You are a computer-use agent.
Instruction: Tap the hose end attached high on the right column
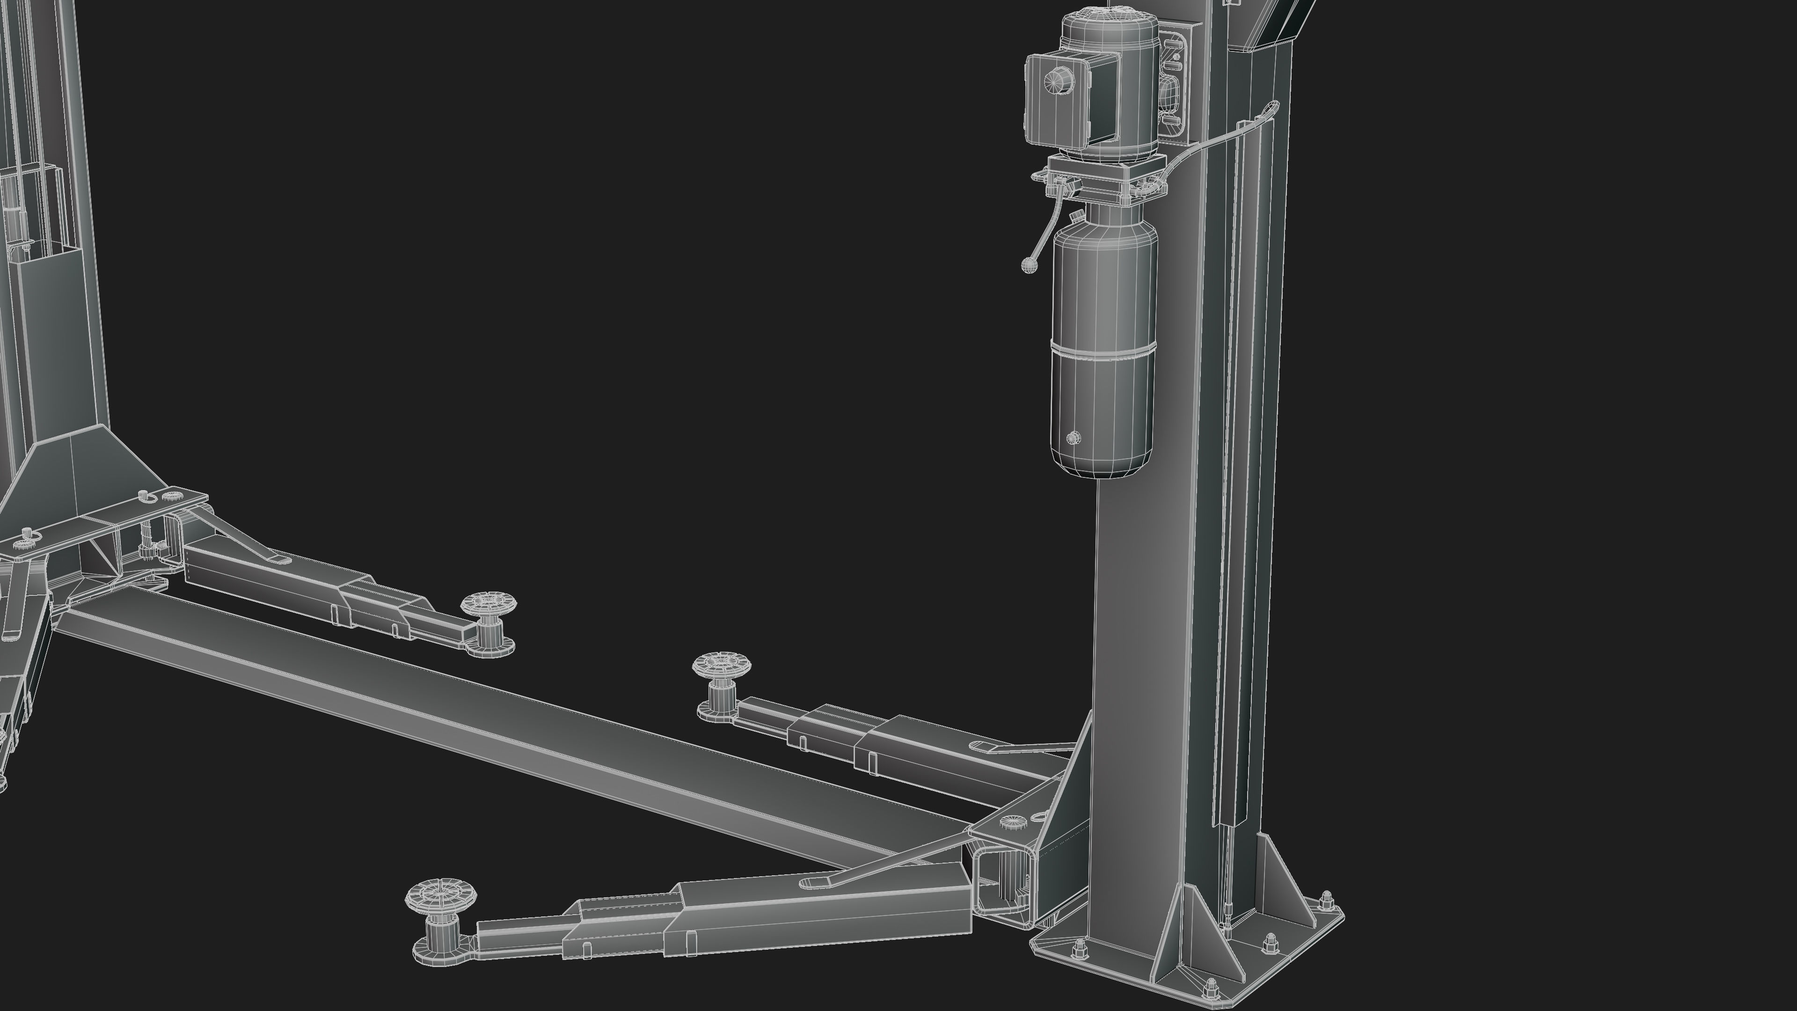point(1274,106)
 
